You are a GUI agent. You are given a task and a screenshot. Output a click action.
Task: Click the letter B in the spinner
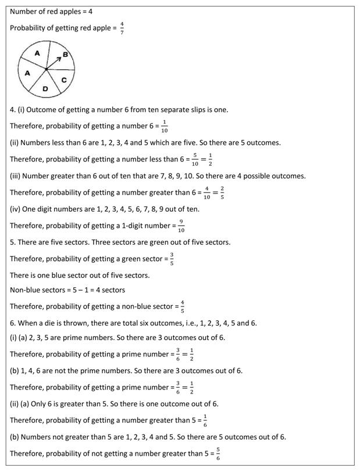[x=65, y=55]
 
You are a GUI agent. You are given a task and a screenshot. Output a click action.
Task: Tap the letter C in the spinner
[x=64, y=80]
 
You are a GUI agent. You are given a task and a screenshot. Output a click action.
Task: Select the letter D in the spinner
[x=45, y=89]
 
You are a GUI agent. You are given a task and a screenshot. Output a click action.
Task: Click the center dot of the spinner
[x=46, y=69]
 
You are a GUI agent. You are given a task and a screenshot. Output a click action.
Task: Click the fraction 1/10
[x=165, y=125]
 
